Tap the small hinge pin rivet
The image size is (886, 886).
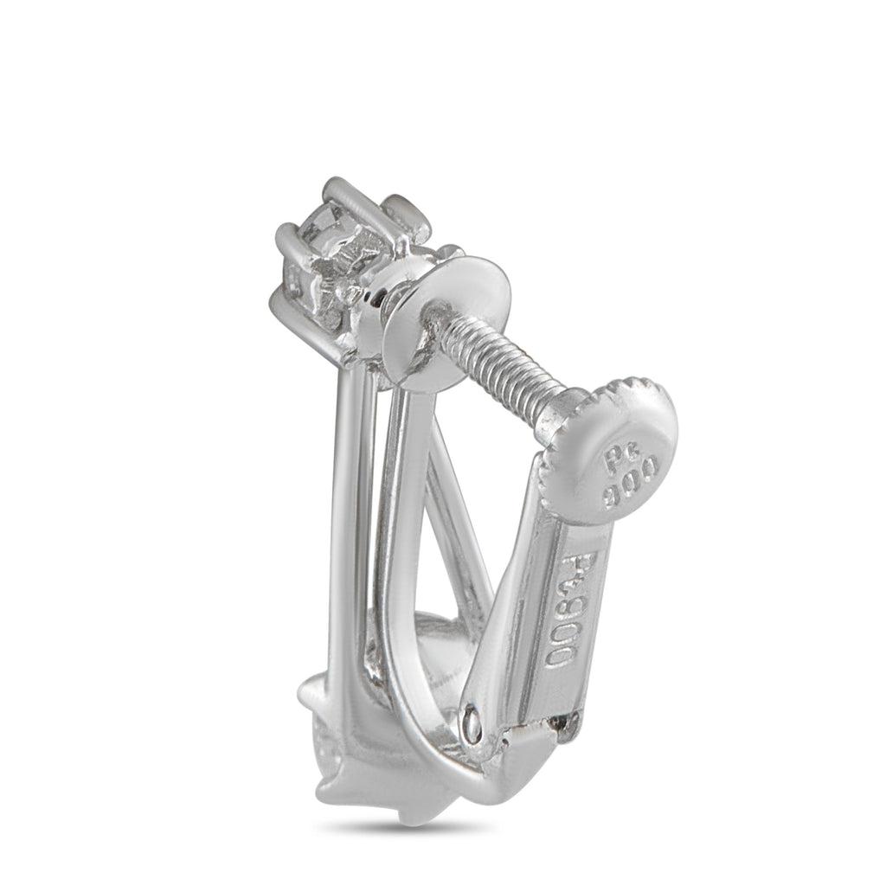click(x=470, y=721)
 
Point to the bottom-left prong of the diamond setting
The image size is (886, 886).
click(x=282, y=303)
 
